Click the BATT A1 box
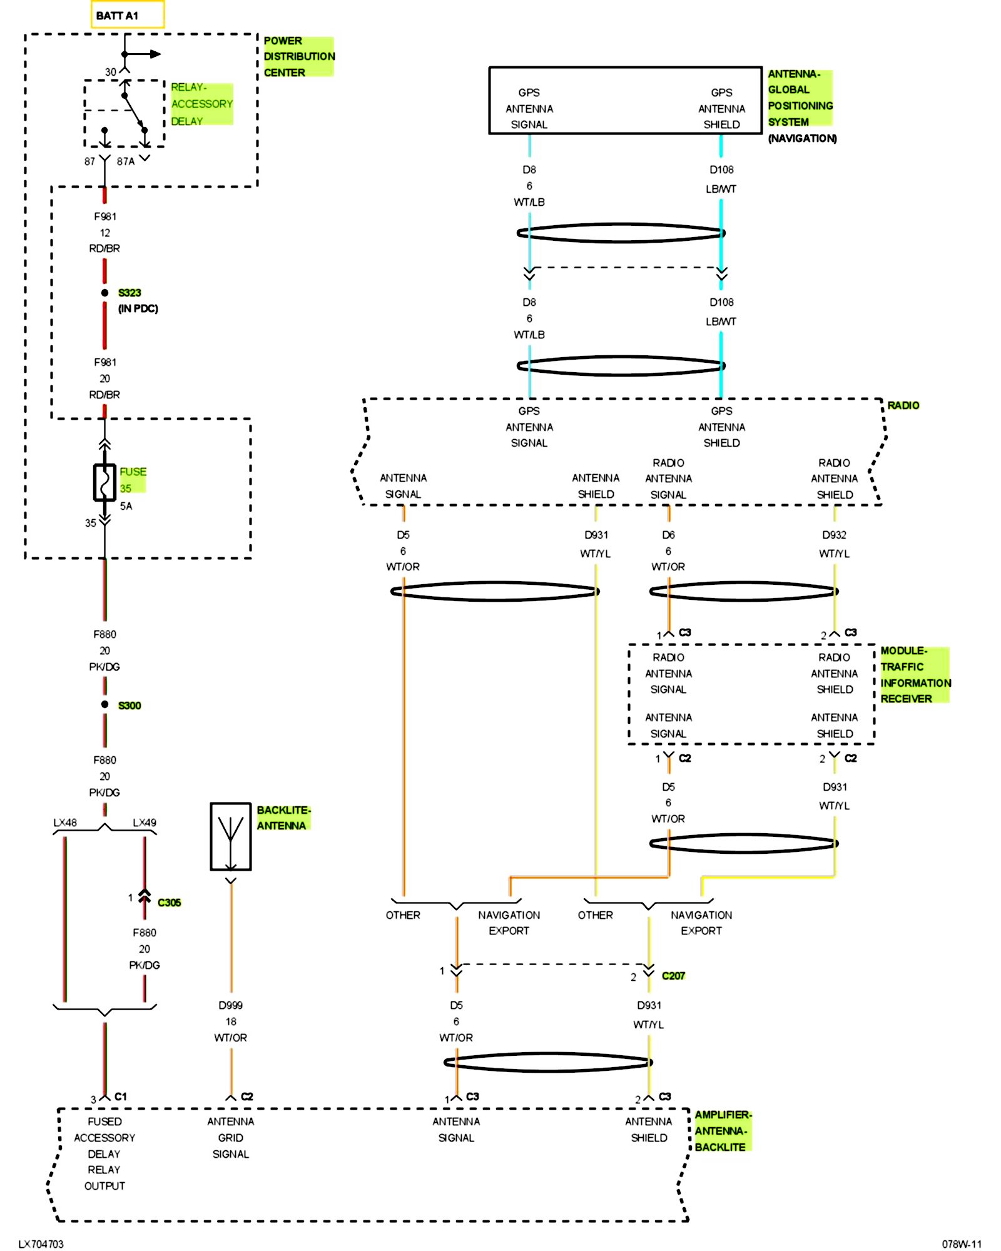click(x=127, y=15)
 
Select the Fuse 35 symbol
click(x=104, y=482)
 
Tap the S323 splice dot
click(x=104, y=293)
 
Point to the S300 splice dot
click(x=104, y=705)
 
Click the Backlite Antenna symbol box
click(x=231, y=836)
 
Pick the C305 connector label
click(x=169, y=903)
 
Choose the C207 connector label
click(x=673, y=976)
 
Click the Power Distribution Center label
click(x=298, y=56)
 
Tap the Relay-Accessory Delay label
click(x=201, y=104)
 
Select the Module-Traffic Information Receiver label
click(x=915, y=675)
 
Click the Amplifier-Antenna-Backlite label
click(x=723, y=1131)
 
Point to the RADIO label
click(x=903, y=405)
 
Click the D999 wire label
click(x=231, y=1005)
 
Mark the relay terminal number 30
click(x=111, y=72)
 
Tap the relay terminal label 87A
click(x=126, y=161)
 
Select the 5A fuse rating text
click(x=126, y=506)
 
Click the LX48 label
click(x=65, y=823)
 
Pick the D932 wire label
click(x=834, y=535)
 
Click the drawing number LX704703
click(x=41, y=1244)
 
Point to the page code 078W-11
click(x=962, y=1244)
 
